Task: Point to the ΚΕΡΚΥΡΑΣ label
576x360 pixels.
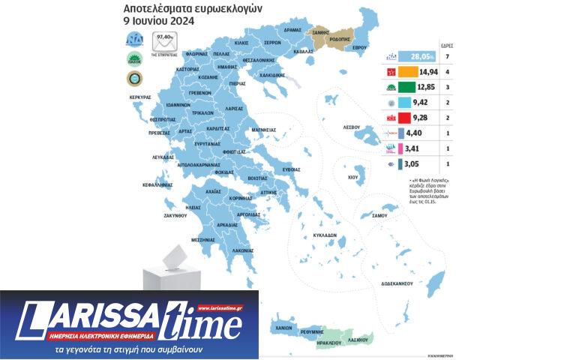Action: (140, 97)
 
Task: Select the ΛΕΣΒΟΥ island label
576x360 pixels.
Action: (352, 127)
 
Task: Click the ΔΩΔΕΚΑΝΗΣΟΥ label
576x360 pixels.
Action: (398, 285)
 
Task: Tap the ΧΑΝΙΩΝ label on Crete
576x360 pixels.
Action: (283, 328)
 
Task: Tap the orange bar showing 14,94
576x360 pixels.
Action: (418, 72)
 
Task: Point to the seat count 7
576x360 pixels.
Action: (448, 56)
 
